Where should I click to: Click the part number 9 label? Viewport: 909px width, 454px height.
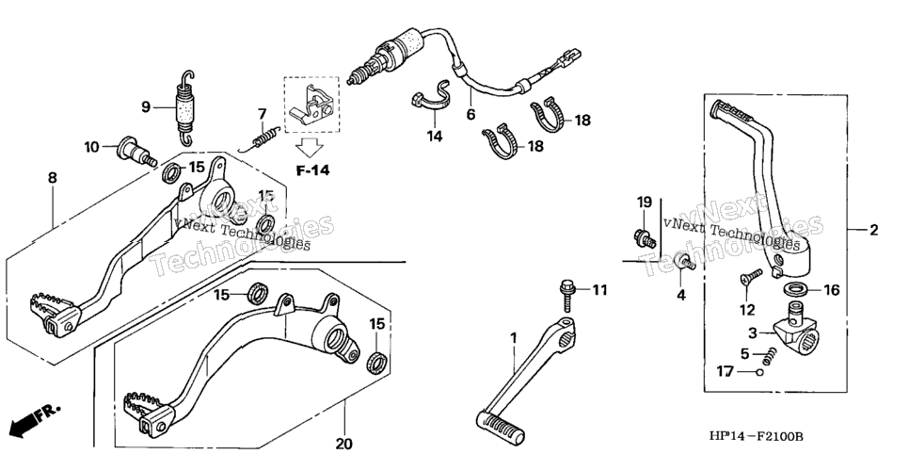[x=146, y=106]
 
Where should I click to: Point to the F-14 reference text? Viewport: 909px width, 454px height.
[x=312, y=170]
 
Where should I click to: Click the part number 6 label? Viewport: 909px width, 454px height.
[x=470, y=114]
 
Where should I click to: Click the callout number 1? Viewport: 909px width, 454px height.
[x=513, y=337]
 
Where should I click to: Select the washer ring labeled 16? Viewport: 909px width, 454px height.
[x=798, y=288]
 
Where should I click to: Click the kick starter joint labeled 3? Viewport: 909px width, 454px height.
[x=795, y=328]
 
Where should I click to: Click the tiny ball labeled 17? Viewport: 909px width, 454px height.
[x=760, y=371]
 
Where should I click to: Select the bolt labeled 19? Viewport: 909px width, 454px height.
[x=645, y=237]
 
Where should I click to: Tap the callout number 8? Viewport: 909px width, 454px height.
[x=53, y=178]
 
